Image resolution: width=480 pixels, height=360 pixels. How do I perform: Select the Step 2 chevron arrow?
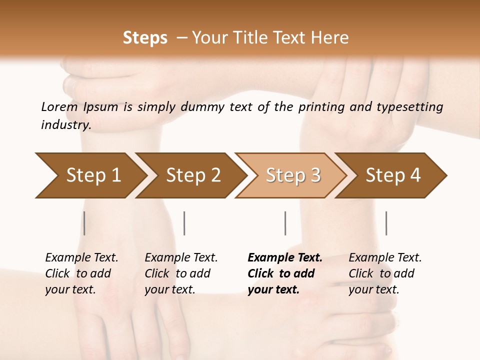193,175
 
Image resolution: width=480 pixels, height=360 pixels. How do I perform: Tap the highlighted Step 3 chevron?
293,175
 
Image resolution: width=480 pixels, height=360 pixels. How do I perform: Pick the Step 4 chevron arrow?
393,175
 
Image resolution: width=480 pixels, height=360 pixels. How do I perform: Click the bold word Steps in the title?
145,37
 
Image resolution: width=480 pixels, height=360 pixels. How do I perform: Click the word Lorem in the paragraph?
59,106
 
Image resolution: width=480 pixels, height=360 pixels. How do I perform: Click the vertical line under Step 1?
84,223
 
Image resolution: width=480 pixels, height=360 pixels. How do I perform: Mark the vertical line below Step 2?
184,223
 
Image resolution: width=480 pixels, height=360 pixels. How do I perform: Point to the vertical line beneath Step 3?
285,223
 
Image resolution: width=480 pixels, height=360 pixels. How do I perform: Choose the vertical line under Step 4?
386,223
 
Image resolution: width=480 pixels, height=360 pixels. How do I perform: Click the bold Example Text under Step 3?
285,258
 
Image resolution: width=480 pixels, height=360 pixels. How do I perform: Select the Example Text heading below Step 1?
81,258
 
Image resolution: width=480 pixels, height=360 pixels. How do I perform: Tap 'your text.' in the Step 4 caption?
373,289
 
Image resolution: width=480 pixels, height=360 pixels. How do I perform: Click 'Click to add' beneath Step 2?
177,273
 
